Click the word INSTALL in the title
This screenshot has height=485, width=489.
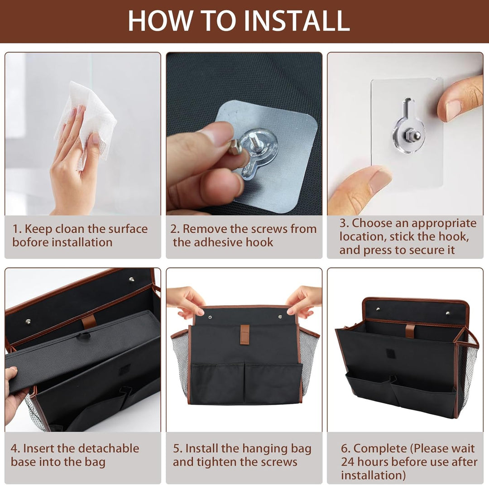tap(297, 21)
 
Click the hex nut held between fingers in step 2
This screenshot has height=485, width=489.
tap(235, 147)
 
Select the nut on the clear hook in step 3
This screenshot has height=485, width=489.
tap(409, 135)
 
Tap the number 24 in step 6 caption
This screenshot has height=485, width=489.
tap(348, 461)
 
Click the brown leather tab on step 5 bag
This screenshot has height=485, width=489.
tap(245, 335)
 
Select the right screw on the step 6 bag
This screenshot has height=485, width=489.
tap(448, 313)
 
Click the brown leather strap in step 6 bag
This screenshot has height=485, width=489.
tap(410, 331)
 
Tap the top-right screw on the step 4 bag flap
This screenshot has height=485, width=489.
tap(132, 279)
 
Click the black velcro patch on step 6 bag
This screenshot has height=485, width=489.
tap(391, 353)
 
